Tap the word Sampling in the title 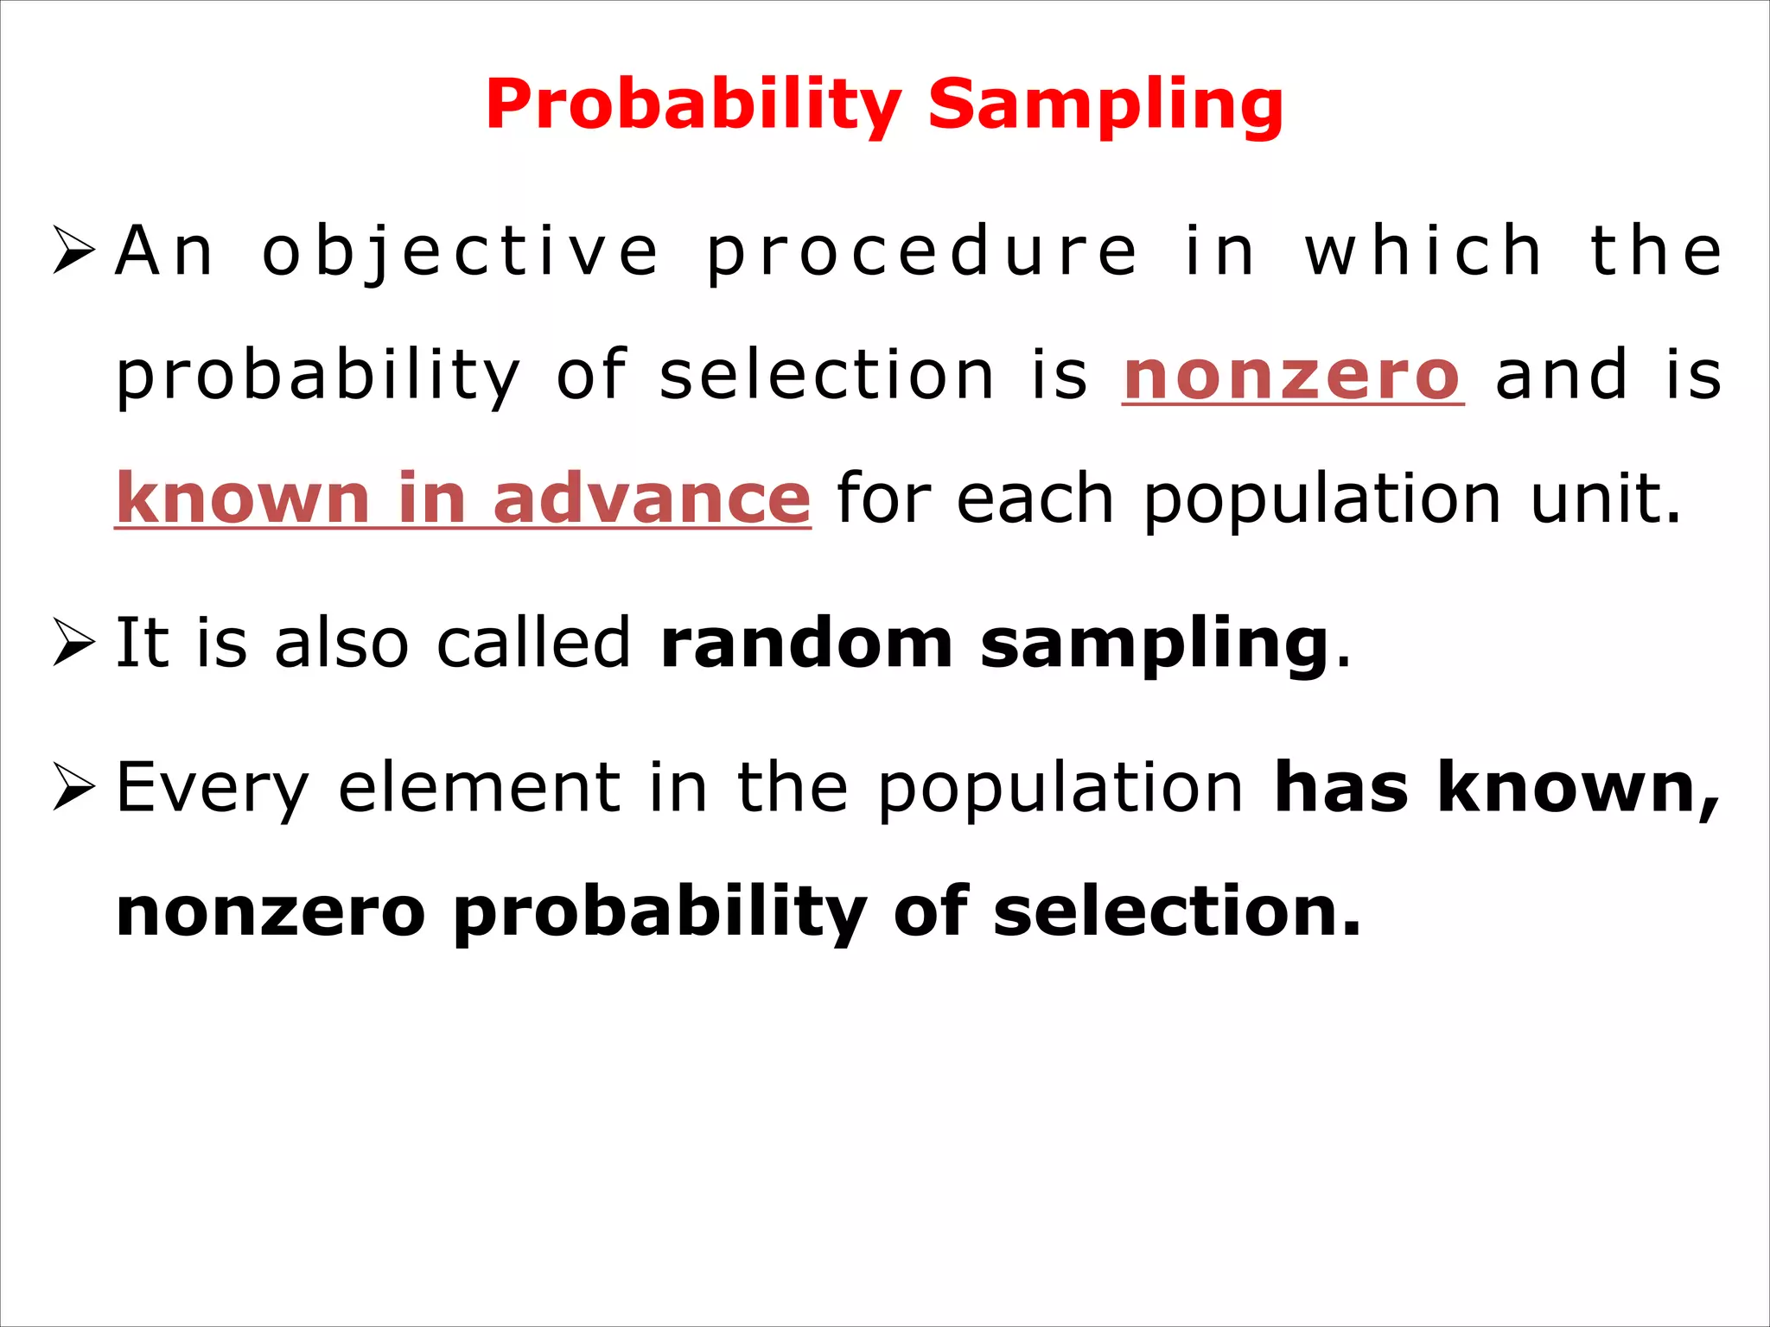click(1105, 105)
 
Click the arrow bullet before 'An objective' click(74, 250)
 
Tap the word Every click(213, 788)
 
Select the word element click(479, 788)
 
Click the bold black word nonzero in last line click(271, 912)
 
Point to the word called click(533, 644)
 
